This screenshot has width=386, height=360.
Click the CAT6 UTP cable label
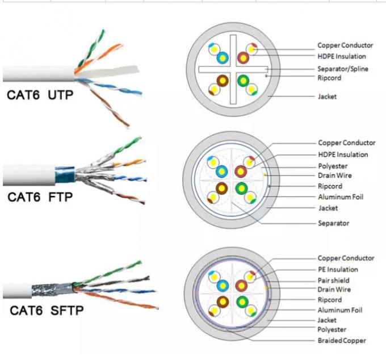click(x=40, y=95)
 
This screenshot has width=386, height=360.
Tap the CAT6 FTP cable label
click(x=40, y=197)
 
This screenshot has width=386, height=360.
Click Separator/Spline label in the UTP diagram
click(x=342, y=69)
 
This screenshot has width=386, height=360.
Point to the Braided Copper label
click(x=342, y=340)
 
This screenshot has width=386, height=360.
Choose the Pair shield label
click(x=333, y=280)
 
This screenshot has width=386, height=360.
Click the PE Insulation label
click(x=338, y=269)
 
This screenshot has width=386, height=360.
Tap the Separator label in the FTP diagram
click(x=333, y=223)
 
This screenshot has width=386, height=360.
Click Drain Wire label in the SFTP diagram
click(x=334, y=290)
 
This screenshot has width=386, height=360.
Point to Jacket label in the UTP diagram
click(x=327, y=97)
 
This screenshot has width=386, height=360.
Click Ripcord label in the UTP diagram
click(x=329, y=78)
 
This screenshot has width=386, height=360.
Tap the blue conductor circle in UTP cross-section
click(x=222, y=57)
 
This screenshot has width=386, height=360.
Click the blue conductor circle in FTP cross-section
click(x=222, y=171)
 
